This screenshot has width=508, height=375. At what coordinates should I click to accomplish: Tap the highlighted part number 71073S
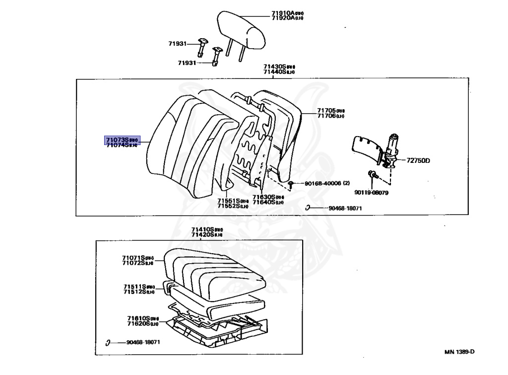click(117, 140)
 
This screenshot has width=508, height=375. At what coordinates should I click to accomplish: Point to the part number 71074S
click(118, 145)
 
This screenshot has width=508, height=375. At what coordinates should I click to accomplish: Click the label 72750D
click(418, 160)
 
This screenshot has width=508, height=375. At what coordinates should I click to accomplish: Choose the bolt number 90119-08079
click(371, 192)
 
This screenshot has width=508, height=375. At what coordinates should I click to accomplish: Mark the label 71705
click(326, 110)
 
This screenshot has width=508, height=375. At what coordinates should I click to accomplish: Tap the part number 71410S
click(203, 229)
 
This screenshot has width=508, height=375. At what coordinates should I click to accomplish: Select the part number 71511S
click(135, 287)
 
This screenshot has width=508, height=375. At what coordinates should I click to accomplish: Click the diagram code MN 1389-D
click(459, 352)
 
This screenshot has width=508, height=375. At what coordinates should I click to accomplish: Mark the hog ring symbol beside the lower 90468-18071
click(108, 342)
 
